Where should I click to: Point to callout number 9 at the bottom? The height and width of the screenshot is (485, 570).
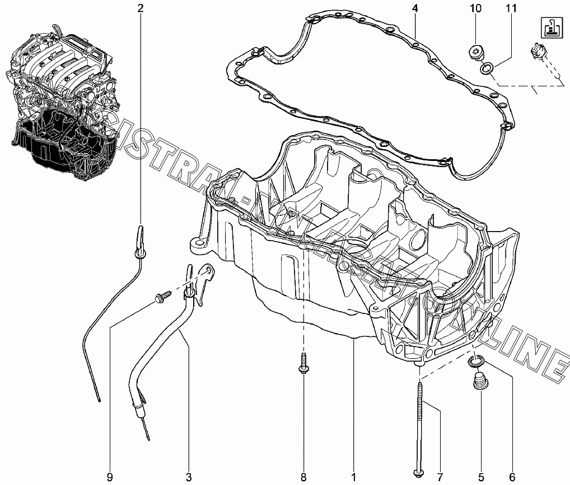tap(109, 477)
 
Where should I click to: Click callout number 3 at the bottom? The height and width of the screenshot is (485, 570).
tap(189, 477)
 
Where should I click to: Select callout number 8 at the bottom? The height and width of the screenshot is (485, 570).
tap(303, 477)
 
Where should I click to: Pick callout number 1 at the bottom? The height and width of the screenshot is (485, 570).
tap(353, 477)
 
